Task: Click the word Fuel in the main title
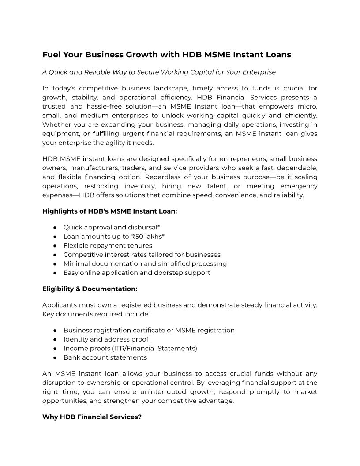tap(51, 55)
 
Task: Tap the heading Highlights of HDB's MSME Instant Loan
tap(109, 211)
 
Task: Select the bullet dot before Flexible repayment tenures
tap(55, 245)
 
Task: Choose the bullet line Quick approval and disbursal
tap(112, 227)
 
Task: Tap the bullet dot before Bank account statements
tap(55, 357)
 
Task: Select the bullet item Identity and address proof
tap(106, 339)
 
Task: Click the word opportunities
tap(63, 401)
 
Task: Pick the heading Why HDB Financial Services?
tap(92, 417)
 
